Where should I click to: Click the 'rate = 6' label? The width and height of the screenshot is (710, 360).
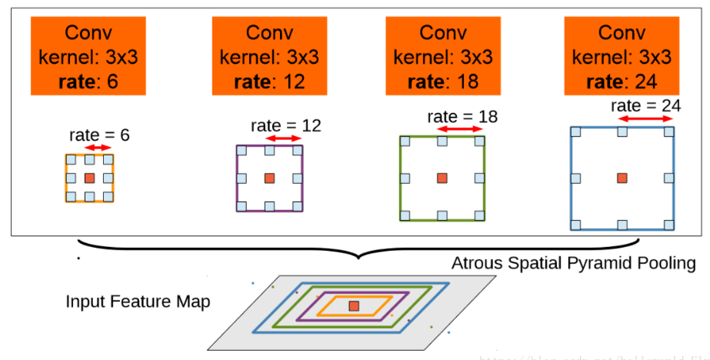pyautogui.click(x=99, y=135)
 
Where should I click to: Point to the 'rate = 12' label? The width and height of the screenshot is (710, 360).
pyautogui.click(x=285, y=125)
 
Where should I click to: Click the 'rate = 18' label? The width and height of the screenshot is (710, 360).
pyautogui.click(x=462, y=116)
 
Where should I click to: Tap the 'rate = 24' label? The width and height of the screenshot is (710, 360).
pyautogui.click(x=645, y=105)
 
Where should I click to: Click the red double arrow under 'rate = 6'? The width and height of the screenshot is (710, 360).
pyautogui.click(x=98, y=148)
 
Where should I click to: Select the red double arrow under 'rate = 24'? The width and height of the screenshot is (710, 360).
pyautogui.click(x=646, y=119)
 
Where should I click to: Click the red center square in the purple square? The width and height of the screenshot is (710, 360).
pyautogui.click(x=269, y=178)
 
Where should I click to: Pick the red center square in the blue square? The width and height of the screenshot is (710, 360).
pyautogui.click(x=622, y=178)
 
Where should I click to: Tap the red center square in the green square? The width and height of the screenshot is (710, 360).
pyautogui.click(x=442, y=178)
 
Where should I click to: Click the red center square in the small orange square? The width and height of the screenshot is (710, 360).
pyautogui.click(x=89, y=178)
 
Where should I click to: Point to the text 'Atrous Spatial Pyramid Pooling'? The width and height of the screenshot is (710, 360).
pyautogui.click(x=573, y=264)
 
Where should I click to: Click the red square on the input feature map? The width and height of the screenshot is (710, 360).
pyautogui.click(x=353, y=306)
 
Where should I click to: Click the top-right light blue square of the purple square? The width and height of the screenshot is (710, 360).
pyautogui.click(x=298, y=149)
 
